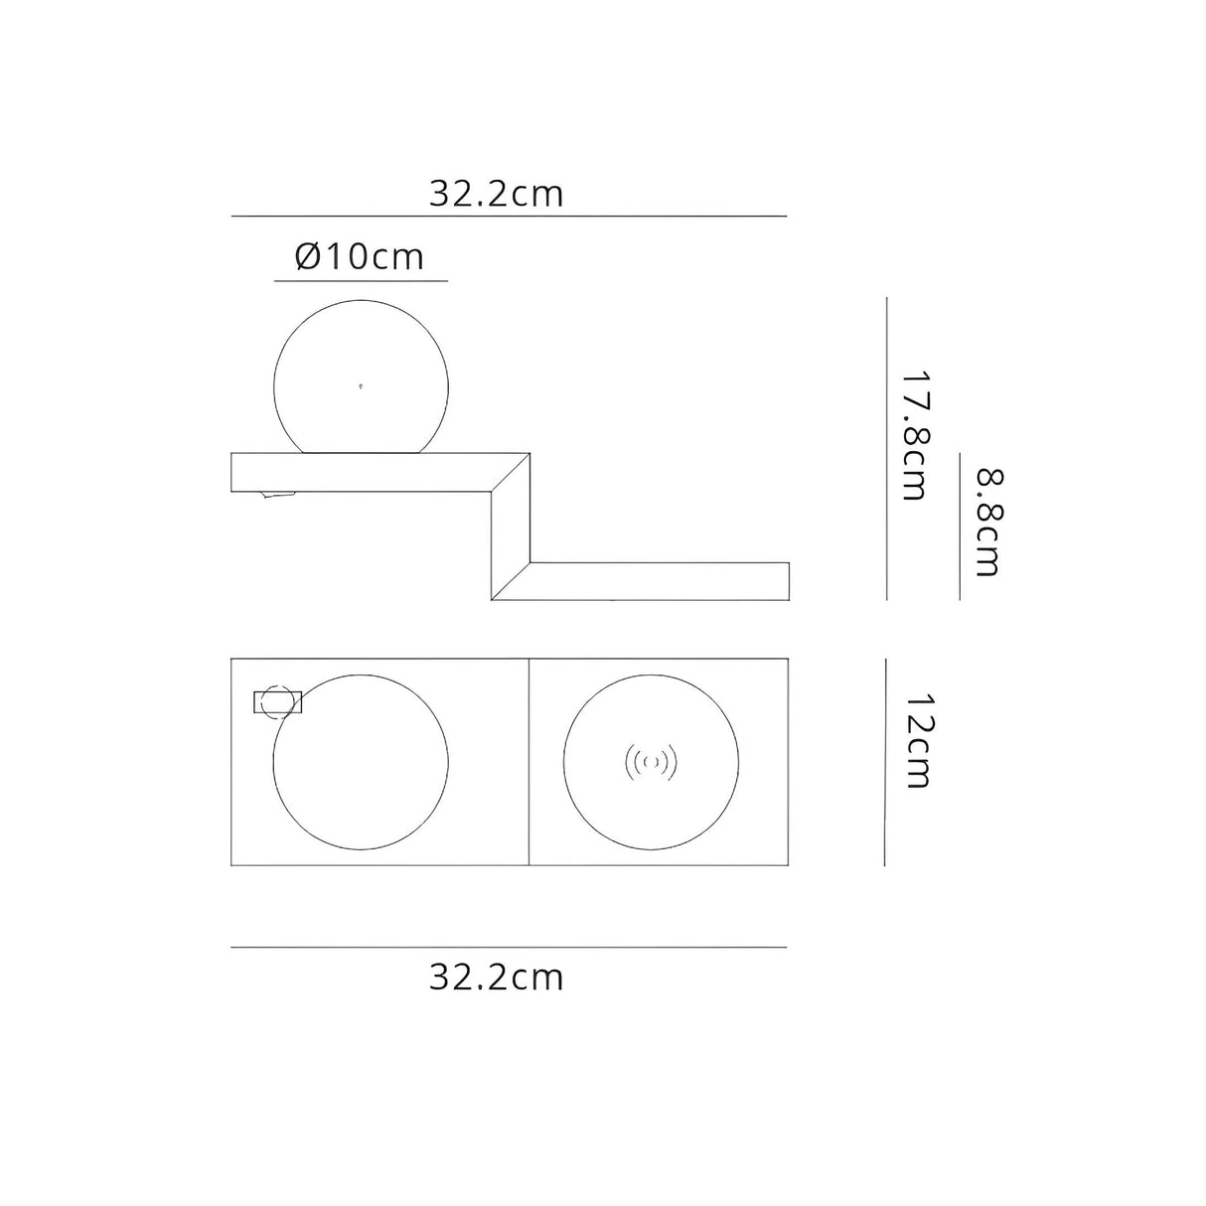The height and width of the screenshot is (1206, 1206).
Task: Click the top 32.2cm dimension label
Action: [496, 193]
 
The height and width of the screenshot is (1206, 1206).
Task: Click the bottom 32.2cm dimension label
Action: [496, 978]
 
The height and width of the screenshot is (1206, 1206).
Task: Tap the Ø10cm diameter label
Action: [360, 256]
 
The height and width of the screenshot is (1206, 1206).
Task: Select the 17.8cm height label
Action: [915, 436]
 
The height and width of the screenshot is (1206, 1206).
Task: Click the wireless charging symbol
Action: [651, 762]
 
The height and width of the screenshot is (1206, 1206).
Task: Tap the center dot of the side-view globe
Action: [360, 384]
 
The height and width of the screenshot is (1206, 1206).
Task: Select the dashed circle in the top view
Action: [278, 702]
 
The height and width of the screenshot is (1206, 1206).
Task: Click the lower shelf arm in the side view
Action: [676, 581]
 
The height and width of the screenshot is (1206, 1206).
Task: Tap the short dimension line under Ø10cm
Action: [360, 281]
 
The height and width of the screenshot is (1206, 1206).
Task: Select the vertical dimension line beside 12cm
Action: [884, 762]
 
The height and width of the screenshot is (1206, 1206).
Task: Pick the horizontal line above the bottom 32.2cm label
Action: [509, 947]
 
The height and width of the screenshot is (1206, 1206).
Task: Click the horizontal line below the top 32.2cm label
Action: [509, 216]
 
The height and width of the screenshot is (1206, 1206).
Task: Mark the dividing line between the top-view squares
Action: [529, 762]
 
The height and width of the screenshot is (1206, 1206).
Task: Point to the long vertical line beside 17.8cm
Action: [886, 447]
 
